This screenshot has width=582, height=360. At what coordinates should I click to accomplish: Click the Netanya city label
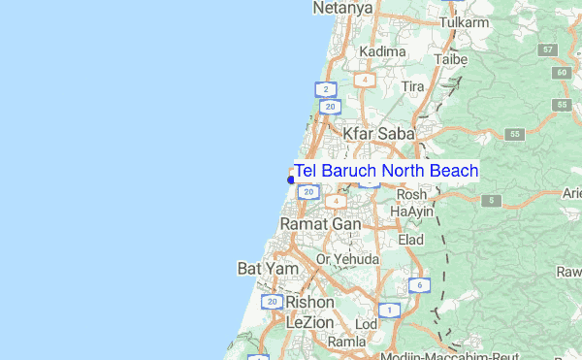342,8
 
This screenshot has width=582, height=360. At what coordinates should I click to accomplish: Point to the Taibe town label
451,58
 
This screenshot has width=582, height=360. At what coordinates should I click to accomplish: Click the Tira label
413,87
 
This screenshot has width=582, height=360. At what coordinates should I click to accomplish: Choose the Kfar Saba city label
378,132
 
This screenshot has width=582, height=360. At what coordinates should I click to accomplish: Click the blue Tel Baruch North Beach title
386,172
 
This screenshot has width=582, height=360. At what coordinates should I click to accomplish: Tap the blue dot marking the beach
291,180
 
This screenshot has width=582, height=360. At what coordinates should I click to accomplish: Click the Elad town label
410,240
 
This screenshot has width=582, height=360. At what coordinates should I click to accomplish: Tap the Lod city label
367,323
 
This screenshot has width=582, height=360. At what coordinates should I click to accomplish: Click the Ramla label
346,342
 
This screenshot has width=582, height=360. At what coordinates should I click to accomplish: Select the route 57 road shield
549,49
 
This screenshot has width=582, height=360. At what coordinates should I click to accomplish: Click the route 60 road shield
560,73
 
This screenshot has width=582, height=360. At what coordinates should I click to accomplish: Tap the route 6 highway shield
417,285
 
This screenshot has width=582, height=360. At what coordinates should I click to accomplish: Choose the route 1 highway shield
388,311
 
